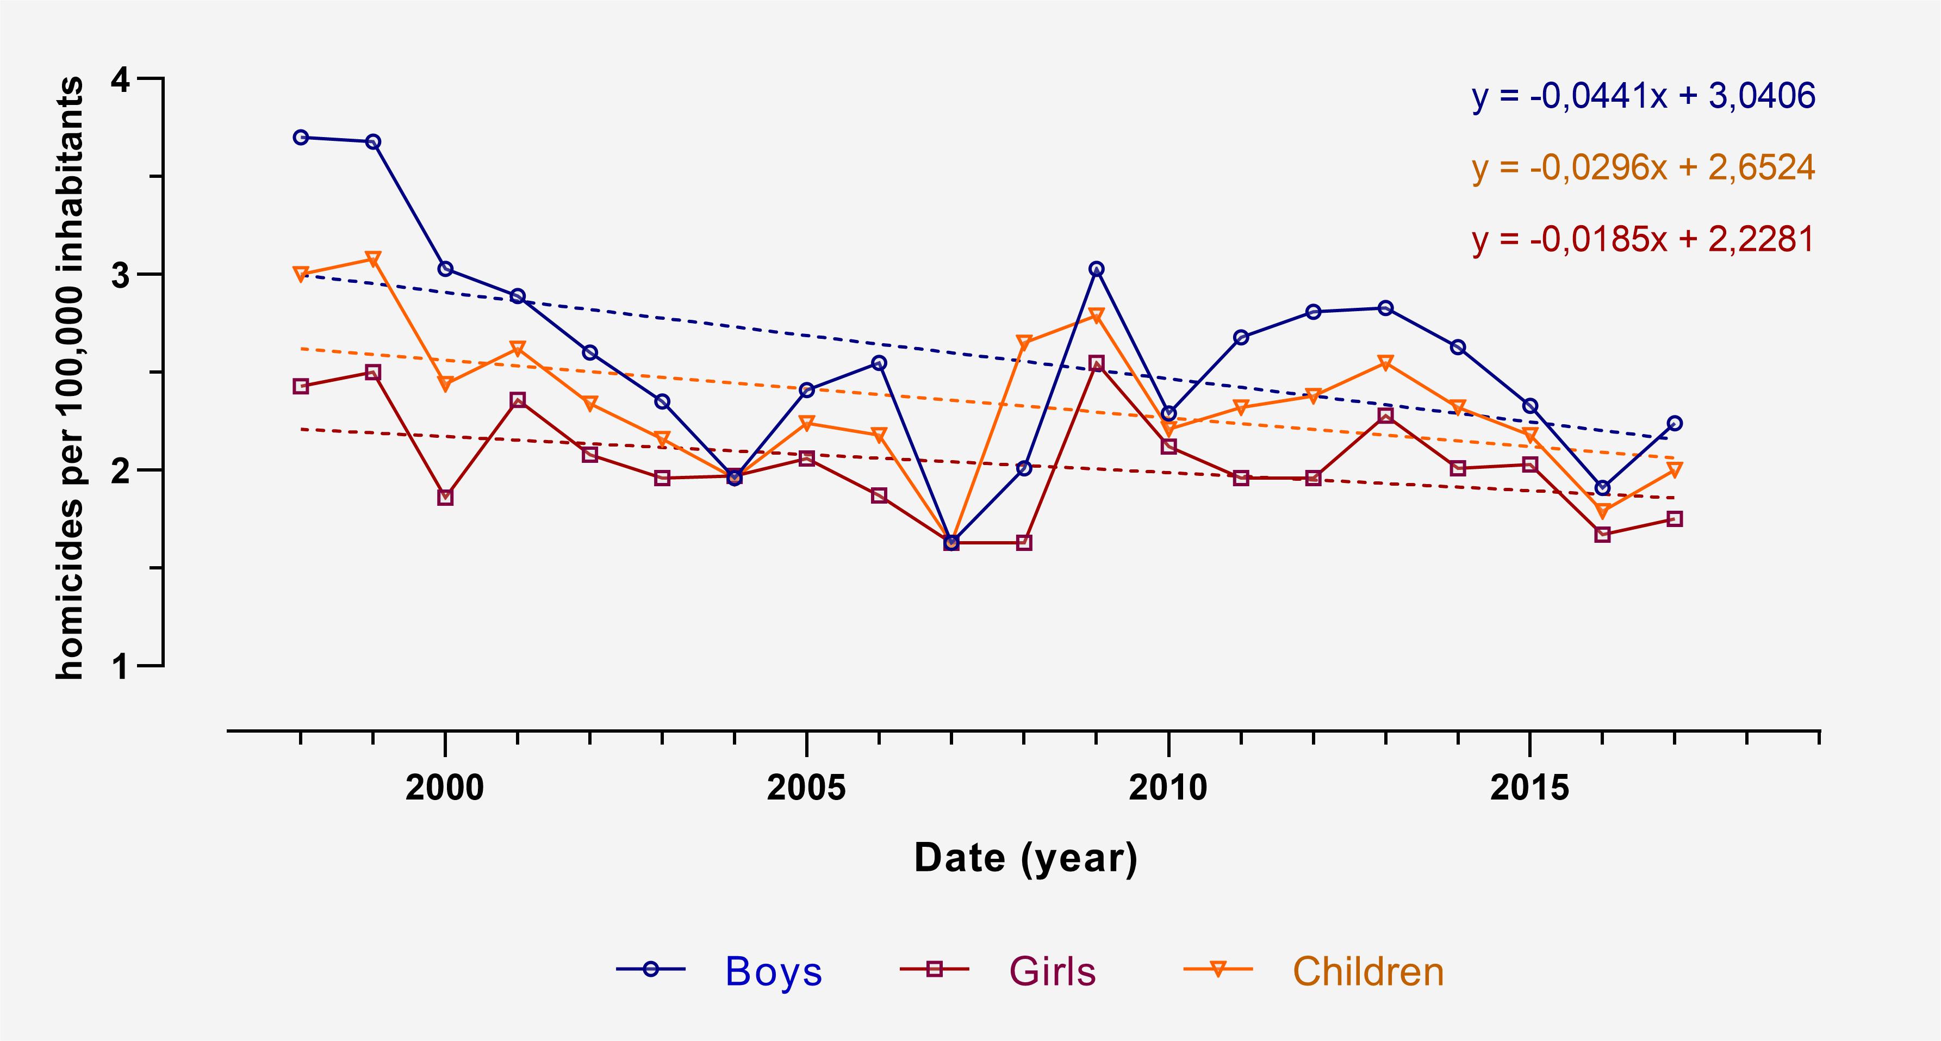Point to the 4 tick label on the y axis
121,79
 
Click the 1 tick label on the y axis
121,666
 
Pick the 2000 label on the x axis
445,788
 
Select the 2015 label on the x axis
1529,788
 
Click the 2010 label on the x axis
1168,788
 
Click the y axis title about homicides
70,379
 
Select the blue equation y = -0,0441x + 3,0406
1644,96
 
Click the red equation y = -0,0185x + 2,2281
1644,239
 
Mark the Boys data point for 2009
1096,269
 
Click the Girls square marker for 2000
445,498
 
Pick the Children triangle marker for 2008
1024,343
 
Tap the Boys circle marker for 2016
1603,488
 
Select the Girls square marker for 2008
1024,543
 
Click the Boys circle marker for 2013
1386,307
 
